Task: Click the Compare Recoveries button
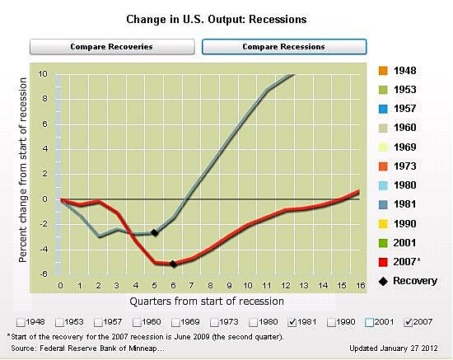tap(111, 47)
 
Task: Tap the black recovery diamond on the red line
tap(173, 264)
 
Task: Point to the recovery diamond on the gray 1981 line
tap(155, 232)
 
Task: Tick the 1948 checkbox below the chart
tap(19, 320)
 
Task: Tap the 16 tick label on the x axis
tap(358, 285)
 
